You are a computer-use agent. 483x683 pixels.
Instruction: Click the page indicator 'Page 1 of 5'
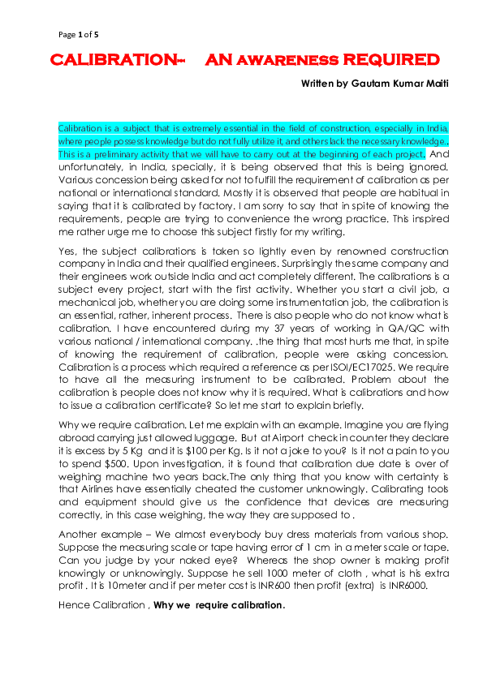79,35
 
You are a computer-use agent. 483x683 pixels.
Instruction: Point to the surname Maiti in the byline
434,84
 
